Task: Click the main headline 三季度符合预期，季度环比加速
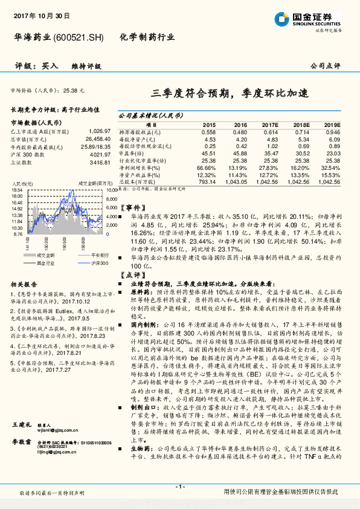point(230,92)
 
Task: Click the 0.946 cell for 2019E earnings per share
point(333,131)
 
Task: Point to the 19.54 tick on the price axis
point(17,191)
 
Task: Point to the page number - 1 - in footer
point(179,487)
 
